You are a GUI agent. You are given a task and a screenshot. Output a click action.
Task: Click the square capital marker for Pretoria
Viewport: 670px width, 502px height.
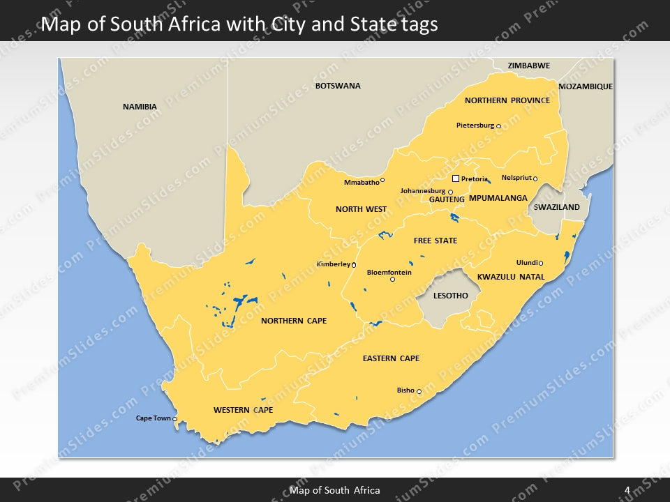coord(456,179)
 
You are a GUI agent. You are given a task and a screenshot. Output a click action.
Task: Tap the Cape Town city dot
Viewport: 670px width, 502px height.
coord(175,419)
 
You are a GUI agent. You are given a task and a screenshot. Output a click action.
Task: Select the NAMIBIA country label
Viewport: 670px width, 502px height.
coord(140,107)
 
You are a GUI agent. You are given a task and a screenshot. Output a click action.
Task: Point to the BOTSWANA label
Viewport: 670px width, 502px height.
coord(338,86)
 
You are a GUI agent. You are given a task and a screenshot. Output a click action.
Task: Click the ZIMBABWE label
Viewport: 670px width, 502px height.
coord(528,66)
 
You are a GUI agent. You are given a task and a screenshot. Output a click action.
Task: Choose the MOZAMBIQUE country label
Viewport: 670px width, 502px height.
coord(586,86)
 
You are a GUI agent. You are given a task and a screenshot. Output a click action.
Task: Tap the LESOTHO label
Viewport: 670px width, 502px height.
coord(450,296)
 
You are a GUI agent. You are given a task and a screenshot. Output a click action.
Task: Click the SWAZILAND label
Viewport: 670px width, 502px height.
coord(556,207)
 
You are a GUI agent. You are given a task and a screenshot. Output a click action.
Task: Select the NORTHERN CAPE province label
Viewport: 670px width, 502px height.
coord(293,321)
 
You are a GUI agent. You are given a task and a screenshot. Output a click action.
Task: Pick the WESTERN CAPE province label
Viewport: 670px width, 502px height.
coord(243,410)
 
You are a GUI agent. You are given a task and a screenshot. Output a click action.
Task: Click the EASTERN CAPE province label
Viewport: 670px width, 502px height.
coord(391,358)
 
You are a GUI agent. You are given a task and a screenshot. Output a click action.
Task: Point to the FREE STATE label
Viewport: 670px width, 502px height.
coord(435,241)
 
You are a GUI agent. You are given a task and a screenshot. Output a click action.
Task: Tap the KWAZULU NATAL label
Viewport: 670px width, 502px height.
coord(511,277)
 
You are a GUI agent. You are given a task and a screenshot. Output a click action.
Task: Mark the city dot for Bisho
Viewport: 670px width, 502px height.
coord(419,392)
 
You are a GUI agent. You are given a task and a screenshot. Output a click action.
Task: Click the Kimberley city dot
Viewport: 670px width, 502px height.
coord(354,265)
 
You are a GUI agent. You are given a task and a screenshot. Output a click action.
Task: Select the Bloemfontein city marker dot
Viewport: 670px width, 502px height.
coord(392,280)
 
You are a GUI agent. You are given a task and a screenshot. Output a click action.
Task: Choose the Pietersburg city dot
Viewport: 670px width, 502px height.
coord(498,126)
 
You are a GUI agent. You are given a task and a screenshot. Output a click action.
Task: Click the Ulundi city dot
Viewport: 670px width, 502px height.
coord(541,264)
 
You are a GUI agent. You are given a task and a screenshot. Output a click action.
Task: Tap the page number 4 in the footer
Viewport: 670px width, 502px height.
coord(627,490)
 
